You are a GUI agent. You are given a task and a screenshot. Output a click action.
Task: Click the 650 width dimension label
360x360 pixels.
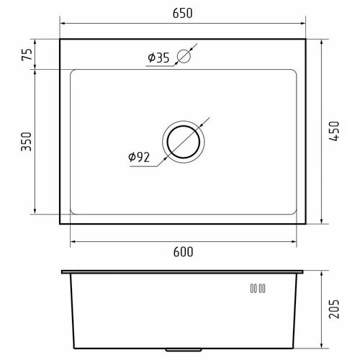click(182, 13)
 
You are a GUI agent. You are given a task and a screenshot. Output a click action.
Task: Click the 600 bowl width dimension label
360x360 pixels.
click(183, 252)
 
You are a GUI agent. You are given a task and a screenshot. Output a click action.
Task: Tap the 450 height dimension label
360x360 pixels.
click(334, 131)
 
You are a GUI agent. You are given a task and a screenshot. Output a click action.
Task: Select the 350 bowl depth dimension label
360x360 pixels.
click(27, 142)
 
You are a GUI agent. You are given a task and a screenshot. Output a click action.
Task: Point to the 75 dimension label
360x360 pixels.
click(27, 55)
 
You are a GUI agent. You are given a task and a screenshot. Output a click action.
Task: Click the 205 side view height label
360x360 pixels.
click(334, 309)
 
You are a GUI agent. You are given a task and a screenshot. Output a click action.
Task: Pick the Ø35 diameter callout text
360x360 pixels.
click(158, 58)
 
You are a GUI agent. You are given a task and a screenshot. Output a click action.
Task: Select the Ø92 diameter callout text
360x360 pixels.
click(139, 157)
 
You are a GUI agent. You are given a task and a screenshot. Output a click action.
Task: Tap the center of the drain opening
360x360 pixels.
click(184, 142)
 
